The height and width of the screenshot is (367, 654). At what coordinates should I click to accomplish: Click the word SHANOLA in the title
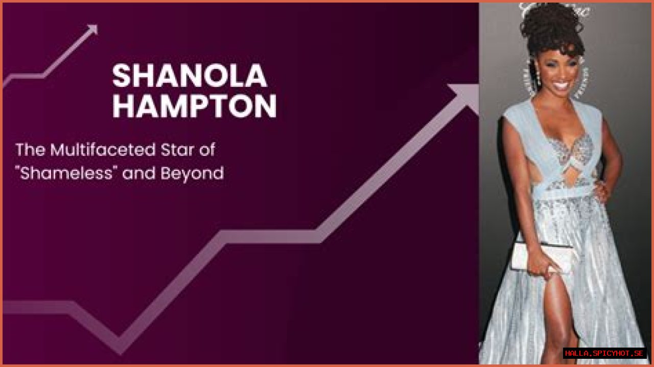[190, 76]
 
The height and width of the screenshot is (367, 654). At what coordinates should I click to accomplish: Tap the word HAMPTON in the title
[194, 106]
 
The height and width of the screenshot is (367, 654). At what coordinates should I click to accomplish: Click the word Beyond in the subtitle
[192, 174]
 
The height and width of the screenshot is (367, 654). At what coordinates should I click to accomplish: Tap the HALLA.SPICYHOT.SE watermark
[604, 353]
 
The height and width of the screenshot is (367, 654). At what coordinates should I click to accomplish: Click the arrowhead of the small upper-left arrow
[92, 30]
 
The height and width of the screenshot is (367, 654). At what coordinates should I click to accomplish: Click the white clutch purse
[542, 256]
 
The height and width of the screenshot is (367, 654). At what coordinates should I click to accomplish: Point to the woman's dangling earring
[538, 80]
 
